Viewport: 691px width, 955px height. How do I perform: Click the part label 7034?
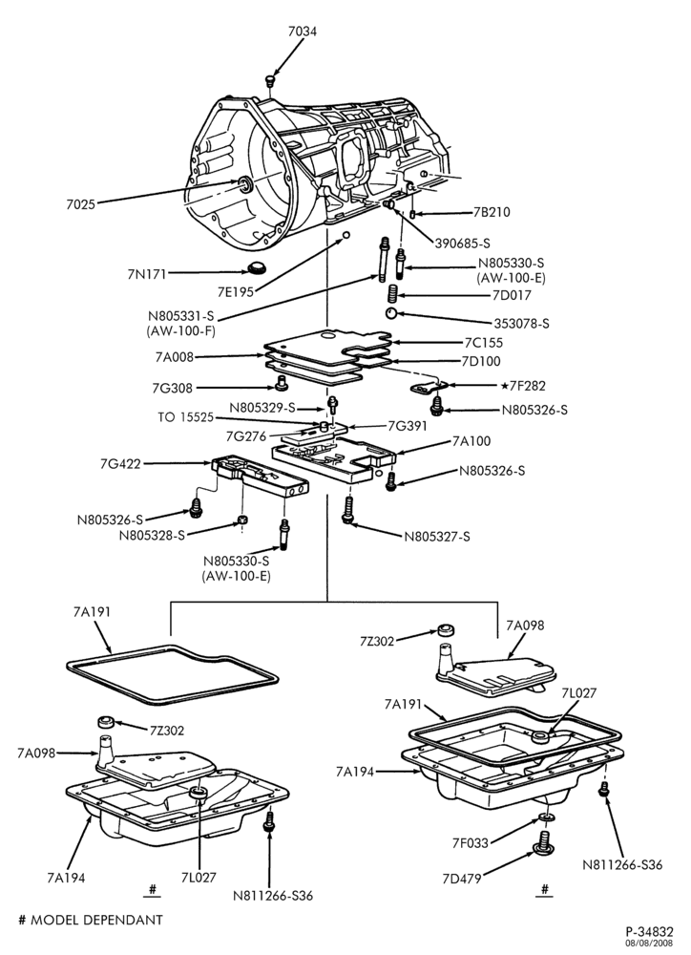point(303,32)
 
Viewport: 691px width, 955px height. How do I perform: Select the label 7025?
point(80,204)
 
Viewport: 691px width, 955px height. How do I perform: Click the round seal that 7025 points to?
point(244,184)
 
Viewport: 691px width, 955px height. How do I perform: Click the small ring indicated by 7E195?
point(345,235)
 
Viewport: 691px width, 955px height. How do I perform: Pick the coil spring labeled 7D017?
point(392,295)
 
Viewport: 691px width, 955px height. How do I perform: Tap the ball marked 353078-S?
point(390,313)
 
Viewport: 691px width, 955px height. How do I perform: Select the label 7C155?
point(483,343)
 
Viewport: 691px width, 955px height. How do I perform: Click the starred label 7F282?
point(523,386)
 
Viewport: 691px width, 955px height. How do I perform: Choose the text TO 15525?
point(186,418)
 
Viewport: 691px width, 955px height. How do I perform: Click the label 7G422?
point(120,464)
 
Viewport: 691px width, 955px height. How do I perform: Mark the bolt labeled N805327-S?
point(347,510)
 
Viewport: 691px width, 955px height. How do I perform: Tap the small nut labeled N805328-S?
point(241,520)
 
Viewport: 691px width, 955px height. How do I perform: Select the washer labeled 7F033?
point(546,817)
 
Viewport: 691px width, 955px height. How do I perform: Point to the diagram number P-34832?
point(650,932)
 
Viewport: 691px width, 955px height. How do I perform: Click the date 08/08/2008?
point(653,944)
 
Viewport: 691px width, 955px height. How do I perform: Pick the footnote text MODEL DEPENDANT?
point(96,920)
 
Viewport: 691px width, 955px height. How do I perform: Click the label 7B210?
point(492,213)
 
